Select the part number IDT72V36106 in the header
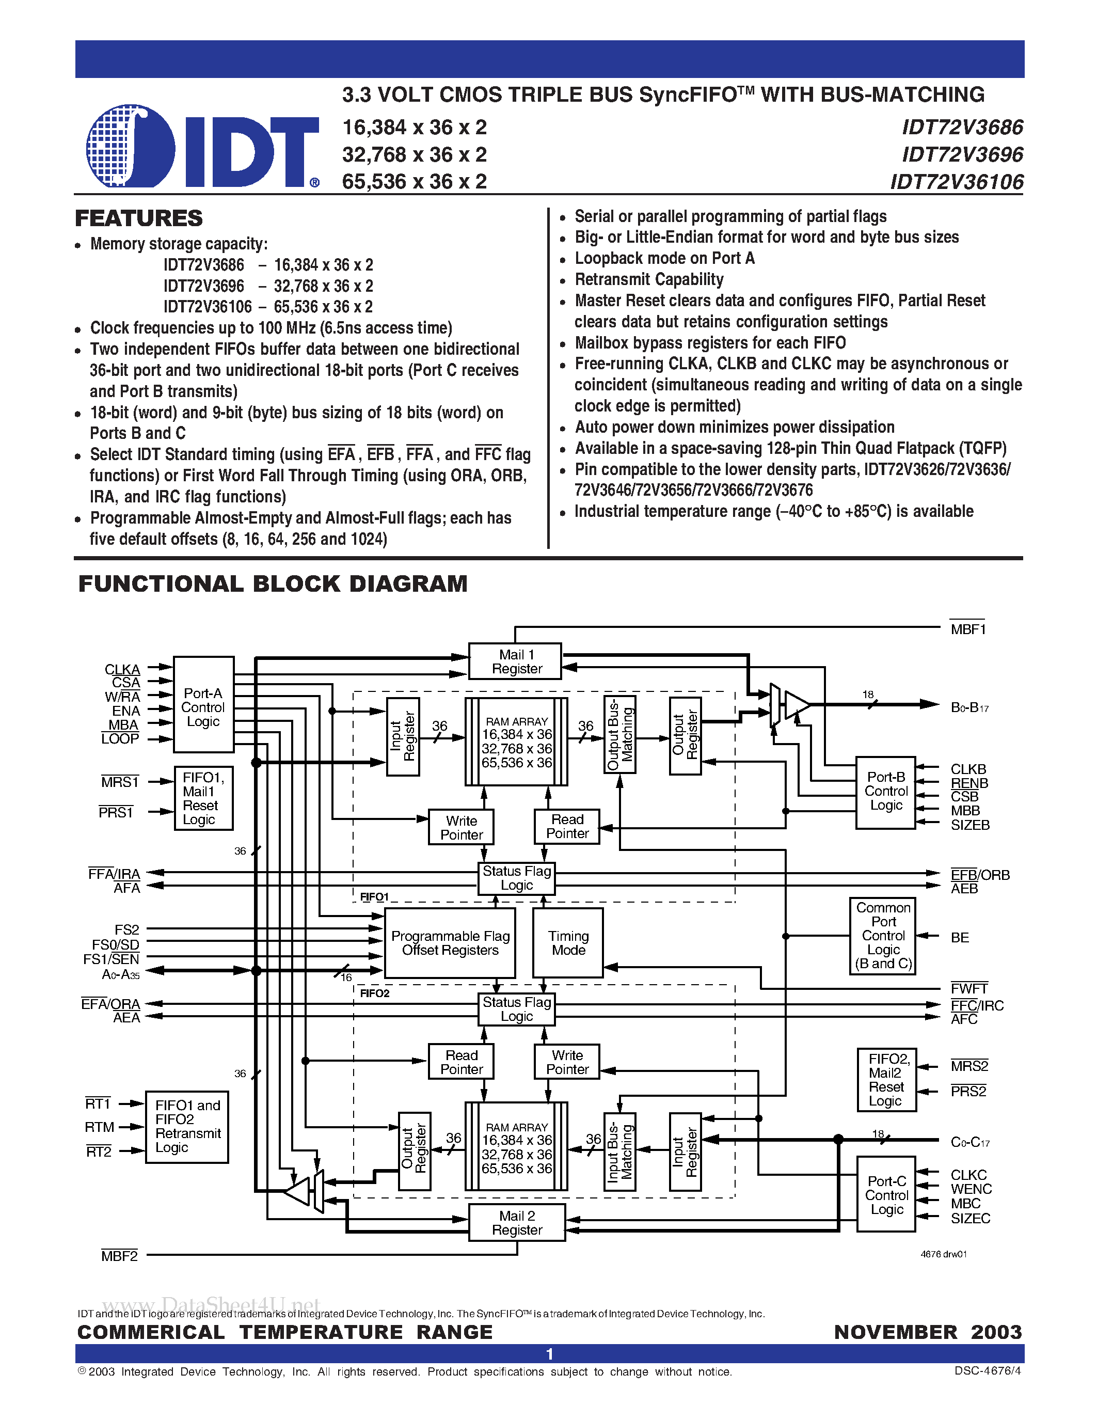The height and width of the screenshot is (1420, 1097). [957, 182]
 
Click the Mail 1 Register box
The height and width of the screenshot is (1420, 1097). [517, 662]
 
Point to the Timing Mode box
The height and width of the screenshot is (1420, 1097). [568, 943]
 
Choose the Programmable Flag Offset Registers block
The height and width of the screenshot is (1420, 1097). [450, 943]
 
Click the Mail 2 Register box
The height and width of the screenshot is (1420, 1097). [517, 1223]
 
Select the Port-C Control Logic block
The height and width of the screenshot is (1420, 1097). [886, 1195]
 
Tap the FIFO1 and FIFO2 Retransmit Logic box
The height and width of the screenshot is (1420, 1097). [187, 1126]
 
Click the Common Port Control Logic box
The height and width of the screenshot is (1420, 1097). [883, 936]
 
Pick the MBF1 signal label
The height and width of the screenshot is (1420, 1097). [967, 629]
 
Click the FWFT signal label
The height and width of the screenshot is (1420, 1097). [969, 989]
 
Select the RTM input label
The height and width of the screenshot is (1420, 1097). [100, 1127]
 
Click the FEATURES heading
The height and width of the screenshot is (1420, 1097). [139, 218]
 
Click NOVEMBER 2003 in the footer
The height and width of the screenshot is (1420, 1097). [928, 1332]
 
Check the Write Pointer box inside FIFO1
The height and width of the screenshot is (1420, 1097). [462, 828]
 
